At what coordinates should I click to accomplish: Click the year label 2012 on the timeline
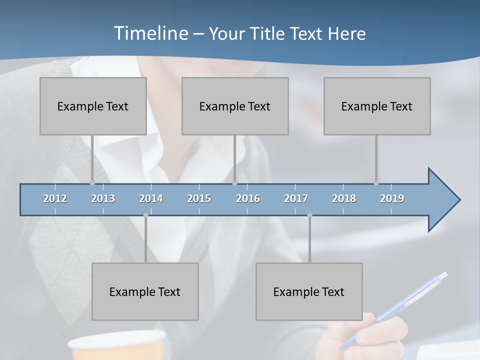coord(55,198)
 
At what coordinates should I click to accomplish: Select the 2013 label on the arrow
coord(103,198)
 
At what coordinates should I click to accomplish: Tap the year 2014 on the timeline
coord(151,198)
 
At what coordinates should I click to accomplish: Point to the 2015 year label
coord(199,198)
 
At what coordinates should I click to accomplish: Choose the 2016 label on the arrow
coord(248,198)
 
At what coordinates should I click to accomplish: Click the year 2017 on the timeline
coord(296,198)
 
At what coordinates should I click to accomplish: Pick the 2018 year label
coord(344,198)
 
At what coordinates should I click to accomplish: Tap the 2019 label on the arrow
coord(392,198)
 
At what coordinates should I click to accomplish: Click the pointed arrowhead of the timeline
coord(445,200)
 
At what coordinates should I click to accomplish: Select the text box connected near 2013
coord(93,106)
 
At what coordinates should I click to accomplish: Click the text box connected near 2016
coord(235,106)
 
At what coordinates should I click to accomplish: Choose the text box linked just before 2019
coord(377,106)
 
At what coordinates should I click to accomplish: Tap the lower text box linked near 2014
coord(145,291)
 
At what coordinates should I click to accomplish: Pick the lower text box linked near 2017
coord(309,291)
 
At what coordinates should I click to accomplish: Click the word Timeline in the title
coord(150,33)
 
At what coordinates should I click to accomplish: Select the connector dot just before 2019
coord(376,183)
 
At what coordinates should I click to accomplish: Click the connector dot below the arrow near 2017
coord(309,215)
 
